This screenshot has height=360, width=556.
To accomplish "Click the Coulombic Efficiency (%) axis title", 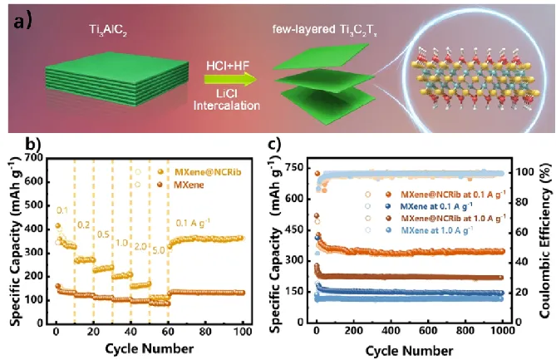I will click(544, 241).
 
